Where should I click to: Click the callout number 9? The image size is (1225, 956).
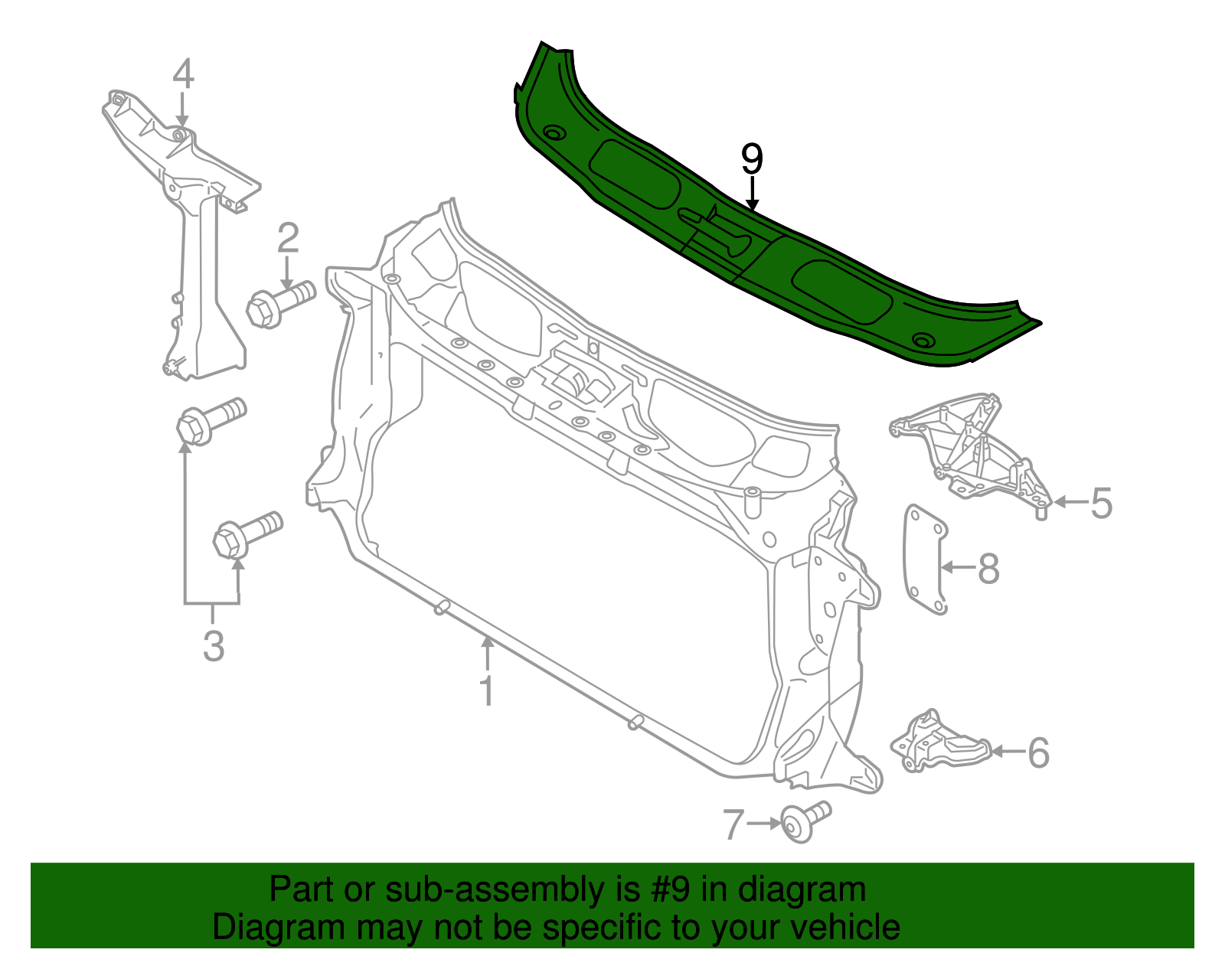tap(752, 158)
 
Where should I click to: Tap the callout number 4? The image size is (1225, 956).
tap(183, 73)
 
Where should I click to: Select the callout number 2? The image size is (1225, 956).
tap(287, 237)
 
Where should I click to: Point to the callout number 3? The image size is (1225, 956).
tap(214, 645)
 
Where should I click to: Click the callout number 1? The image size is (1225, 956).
tap(487, 690)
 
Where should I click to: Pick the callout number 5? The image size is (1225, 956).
tap(1101, 503)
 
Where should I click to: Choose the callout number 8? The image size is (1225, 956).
tap(988, 568)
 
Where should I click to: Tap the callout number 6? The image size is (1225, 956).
tap(1038, 752)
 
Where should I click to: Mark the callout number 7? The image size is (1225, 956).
tap(733, 825)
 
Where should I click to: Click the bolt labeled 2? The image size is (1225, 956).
tap(281, 304)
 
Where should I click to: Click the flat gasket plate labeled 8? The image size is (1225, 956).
tap(925, 559)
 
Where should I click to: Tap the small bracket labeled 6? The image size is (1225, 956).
tap(939, 742)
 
